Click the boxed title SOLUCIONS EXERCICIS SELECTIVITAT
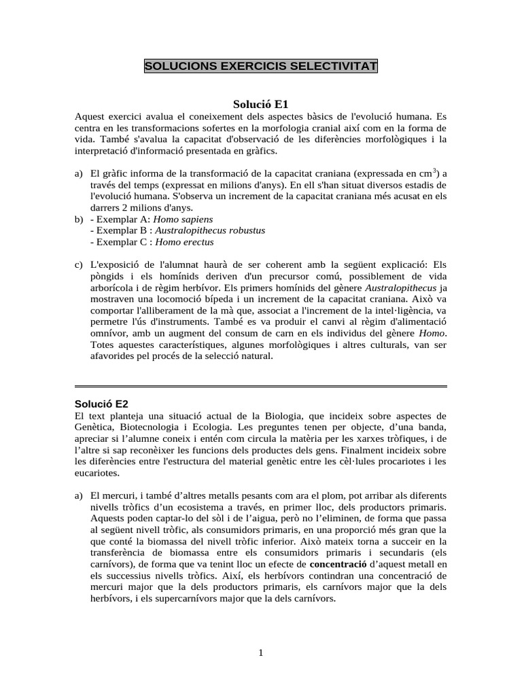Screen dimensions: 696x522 point(261,67)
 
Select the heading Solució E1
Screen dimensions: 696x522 point(261,105)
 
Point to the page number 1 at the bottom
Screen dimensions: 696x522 point(260,654)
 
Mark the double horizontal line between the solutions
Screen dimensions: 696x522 point(261,386)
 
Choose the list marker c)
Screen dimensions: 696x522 point(79,264)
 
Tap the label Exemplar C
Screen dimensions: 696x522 point(120,241)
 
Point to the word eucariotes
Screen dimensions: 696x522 point(97,472)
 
